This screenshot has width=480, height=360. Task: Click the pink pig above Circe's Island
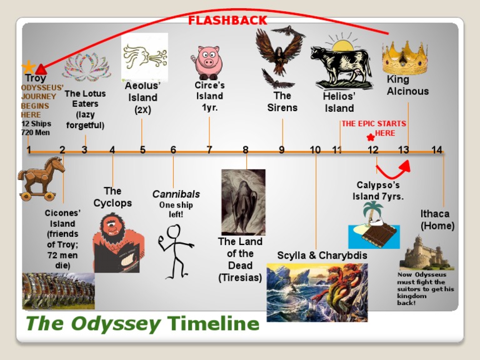click(209, 61)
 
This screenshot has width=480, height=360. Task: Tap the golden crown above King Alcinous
click(404, 58)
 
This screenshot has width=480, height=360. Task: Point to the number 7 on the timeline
click(209, 150)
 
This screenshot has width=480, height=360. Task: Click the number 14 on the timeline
click(436, 150)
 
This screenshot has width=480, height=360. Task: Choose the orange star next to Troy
click(28, 67)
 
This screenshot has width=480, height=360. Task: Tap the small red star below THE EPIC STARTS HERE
click(371, 137)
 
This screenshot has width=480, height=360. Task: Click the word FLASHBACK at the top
click(227, 21)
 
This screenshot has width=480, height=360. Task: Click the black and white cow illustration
click(341, 65)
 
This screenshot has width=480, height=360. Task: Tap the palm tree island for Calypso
click(372, 224)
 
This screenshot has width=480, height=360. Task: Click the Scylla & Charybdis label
click(322, 256)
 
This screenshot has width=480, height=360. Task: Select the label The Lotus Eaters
click(85, 99)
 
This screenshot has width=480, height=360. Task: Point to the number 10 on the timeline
click(315, 150)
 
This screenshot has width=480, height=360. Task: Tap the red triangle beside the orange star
click(41, 69)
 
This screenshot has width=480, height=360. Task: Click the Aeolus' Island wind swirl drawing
click(145, 56)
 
